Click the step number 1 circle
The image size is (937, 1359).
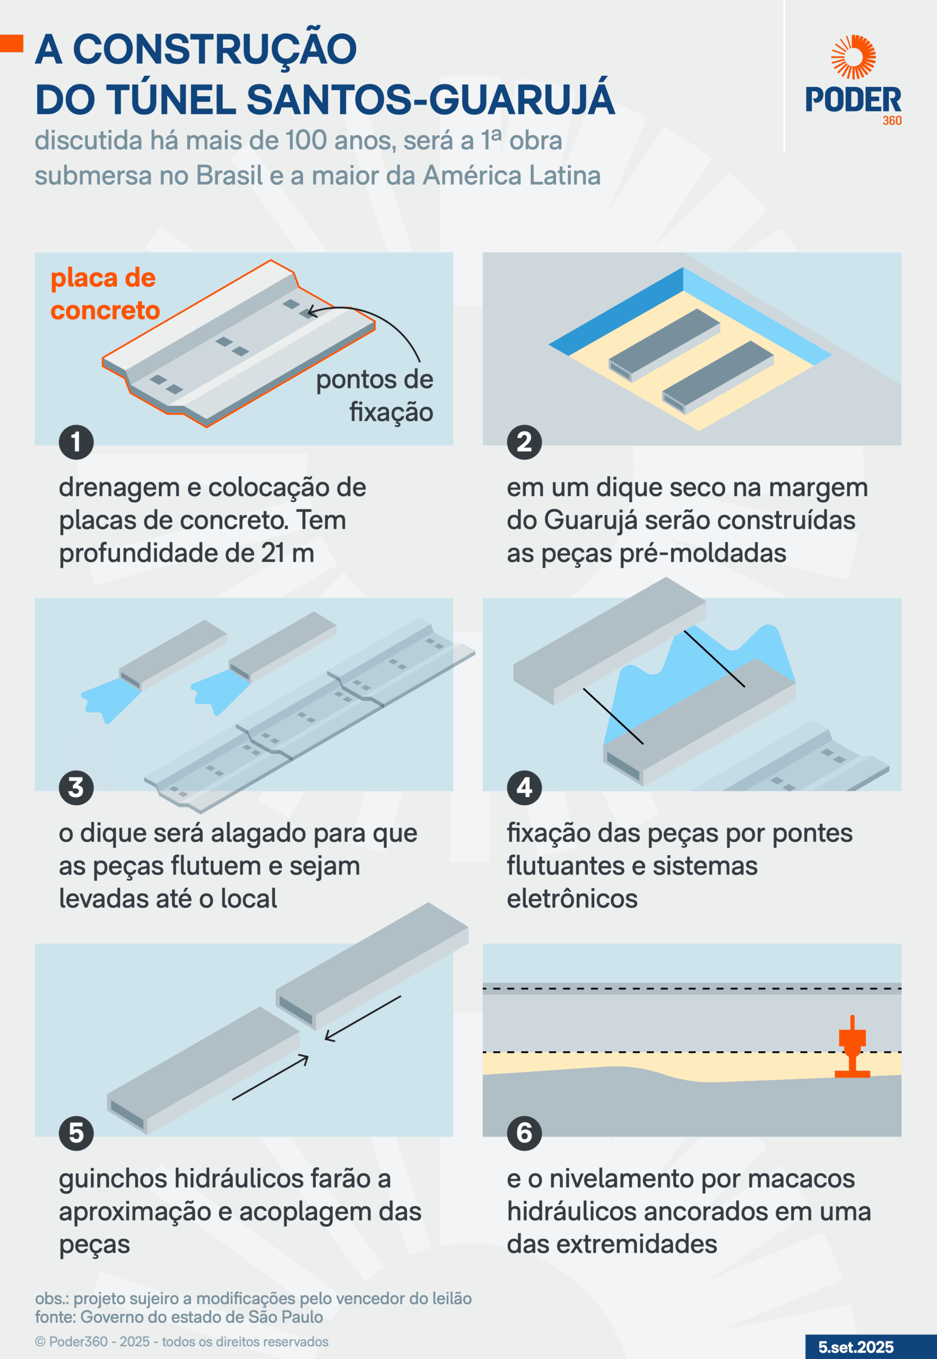pos(76,442)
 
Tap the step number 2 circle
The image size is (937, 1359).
pos(524,442)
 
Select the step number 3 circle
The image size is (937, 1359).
pos(76,788)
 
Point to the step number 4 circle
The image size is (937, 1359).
pos(524,788)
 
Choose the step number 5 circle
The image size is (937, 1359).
pos(76,1133)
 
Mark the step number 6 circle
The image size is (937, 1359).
pos(524,1133)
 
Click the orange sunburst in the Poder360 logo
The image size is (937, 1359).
pos(853,57)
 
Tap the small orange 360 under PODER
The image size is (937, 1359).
pos(892,121)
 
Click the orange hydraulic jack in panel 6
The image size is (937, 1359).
pos(853,1046)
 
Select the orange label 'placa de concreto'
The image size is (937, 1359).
pos(105,294)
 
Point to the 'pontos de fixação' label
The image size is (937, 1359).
pos(375,395)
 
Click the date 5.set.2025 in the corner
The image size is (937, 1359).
pos(856,1347)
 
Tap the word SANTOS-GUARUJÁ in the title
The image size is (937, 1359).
pos(430,99)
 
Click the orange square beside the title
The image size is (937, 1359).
pos(11,44)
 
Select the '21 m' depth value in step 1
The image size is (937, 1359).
pos(288,553)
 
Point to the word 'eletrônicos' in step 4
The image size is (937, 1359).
pos(572,899)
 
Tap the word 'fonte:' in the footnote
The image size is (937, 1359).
pos(55,1317)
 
